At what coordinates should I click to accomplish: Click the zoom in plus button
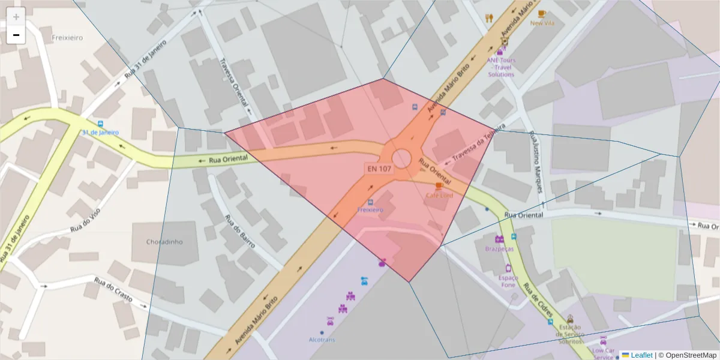click(x=16, y=17)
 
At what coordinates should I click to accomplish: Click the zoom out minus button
click(x=16, y=35)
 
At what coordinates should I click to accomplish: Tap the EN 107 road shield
click(x=379, y=169)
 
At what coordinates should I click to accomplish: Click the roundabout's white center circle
click(x=401, y=159)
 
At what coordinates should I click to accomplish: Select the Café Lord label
click(x=439, y=196)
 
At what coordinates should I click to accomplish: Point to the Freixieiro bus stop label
click(x=370, y=210)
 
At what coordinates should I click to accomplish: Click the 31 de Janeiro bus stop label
click(x=100, y=132)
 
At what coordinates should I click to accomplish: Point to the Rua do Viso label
click(x=85, y=220)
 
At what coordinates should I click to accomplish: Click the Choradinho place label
click(x=164, y=242)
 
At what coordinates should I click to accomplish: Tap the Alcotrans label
click(x=322, y=340)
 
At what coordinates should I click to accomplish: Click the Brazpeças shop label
click(x=499, y=248)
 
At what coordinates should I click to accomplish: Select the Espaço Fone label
click(x=508, y=281)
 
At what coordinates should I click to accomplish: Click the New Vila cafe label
click(x=542, y=23)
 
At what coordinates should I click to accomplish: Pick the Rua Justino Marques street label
click(x=536, y=162)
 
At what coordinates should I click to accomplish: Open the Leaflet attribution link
click(x=641, y=355)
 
